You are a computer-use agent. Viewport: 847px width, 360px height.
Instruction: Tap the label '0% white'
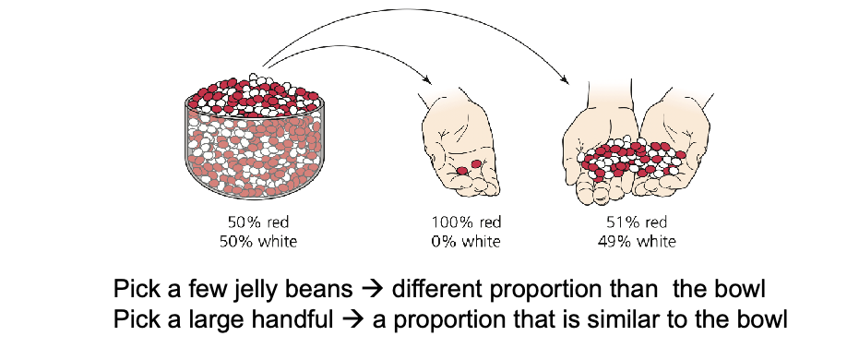(466, 241)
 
